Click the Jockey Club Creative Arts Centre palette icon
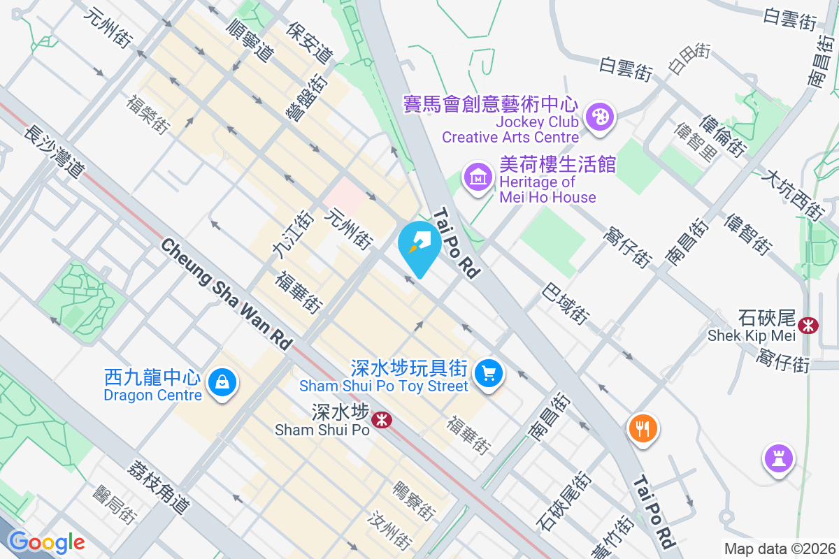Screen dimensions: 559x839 point(599,117)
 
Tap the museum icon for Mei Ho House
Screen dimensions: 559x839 point(478,177)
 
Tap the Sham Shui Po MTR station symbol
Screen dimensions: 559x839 point(381,420)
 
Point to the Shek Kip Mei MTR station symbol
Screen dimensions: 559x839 point(809,325)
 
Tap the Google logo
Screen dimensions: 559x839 point(46,542)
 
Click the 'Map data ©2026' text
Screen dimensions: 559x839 point(779,549)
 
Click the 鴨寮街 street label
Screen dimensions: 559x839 point(414,500)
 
